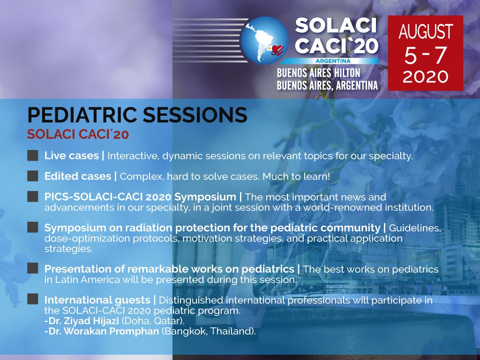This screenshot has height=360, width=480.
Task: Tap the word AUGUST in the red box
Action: coord(425,32)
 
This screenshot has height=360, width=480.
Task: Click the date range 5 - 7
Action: coord(425,56)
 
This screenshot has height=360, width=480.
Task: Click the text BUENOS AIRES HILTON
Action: coord(318,73)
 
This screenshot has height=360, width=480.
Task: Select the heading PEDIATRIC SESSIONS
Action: coord(137,115)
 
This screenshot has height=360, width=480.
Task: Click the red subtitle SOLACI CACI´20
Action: coord(78,134)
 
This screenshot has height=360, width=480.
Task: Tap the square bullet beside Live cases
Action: coord(32,156)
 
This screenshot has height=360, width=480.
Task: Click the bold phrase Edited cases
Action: coord(78,176)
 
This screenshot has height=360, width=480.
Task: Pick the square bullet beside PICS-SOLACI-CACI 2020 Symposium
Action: coord(32,197)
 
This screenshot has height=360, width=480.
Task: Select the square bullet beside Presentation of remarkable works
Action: coord(32,269)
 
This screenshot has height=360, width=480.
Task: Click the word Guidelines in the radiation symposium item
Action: coord(415,228)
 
